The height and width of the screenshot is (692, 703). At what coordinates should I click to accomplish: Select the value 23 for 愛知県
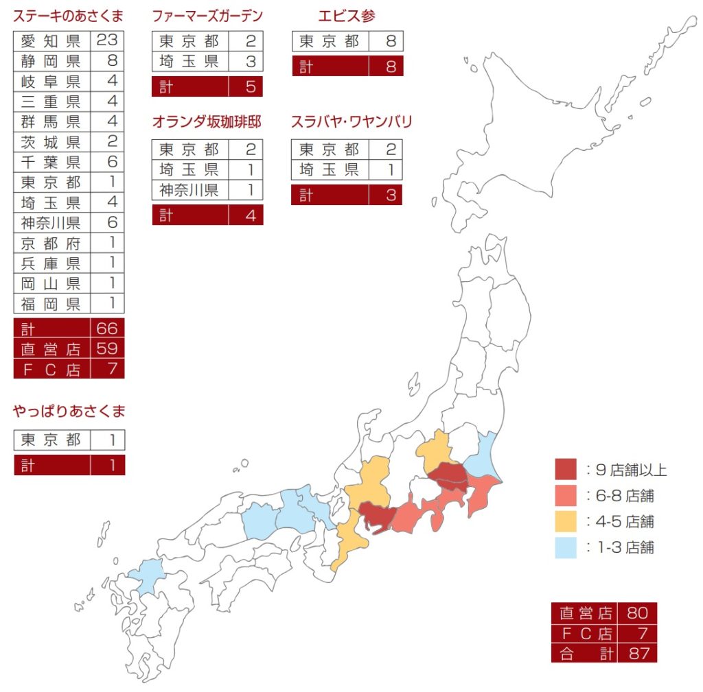click(107, 40)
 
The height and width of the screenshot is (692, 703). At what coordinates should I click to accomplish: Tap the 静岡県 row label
click(51, 61)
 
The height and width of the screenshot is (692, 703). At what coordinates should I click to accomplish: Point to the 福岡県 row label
click(51, 304)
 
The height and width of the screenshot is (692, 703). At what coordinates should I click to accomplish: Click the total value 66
click(107, 329)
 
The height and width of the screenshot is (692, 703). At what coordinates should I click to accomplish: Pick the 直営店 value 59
click(107, 348)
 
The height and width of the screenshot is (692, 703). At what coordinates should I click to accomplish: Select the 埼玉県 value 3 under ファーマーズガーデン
click(250, 62)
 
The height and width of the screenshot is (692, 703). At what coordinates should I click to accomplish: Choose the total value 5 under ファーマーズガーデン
click(250, 87)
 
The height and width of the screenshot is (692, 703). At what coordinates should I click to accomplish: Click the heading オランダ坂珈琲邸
click(207, 122)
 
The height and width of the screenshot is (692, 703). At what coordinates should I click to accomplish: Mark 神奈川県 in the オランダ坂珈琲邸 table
click(189, 190)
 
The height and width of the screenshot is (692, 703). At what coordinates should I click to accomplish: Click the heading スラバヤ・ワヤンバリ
click(351, 122)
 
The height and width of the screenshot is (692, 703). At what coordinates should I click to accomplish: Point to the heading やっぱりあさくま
click(69, 411)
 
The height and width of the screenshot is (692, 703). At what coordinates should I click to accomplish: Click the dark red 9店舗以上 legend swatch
click(566, 470)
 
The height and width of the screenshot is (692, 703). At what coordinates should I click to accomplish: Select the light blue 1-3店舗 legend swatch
click(566, 547)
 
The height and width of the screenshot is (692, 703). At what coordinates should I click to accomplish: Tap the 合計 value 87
click(638, 653)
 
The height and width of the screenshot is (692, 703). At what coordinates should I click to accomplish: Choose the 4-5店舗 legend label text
click(625, 522)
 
